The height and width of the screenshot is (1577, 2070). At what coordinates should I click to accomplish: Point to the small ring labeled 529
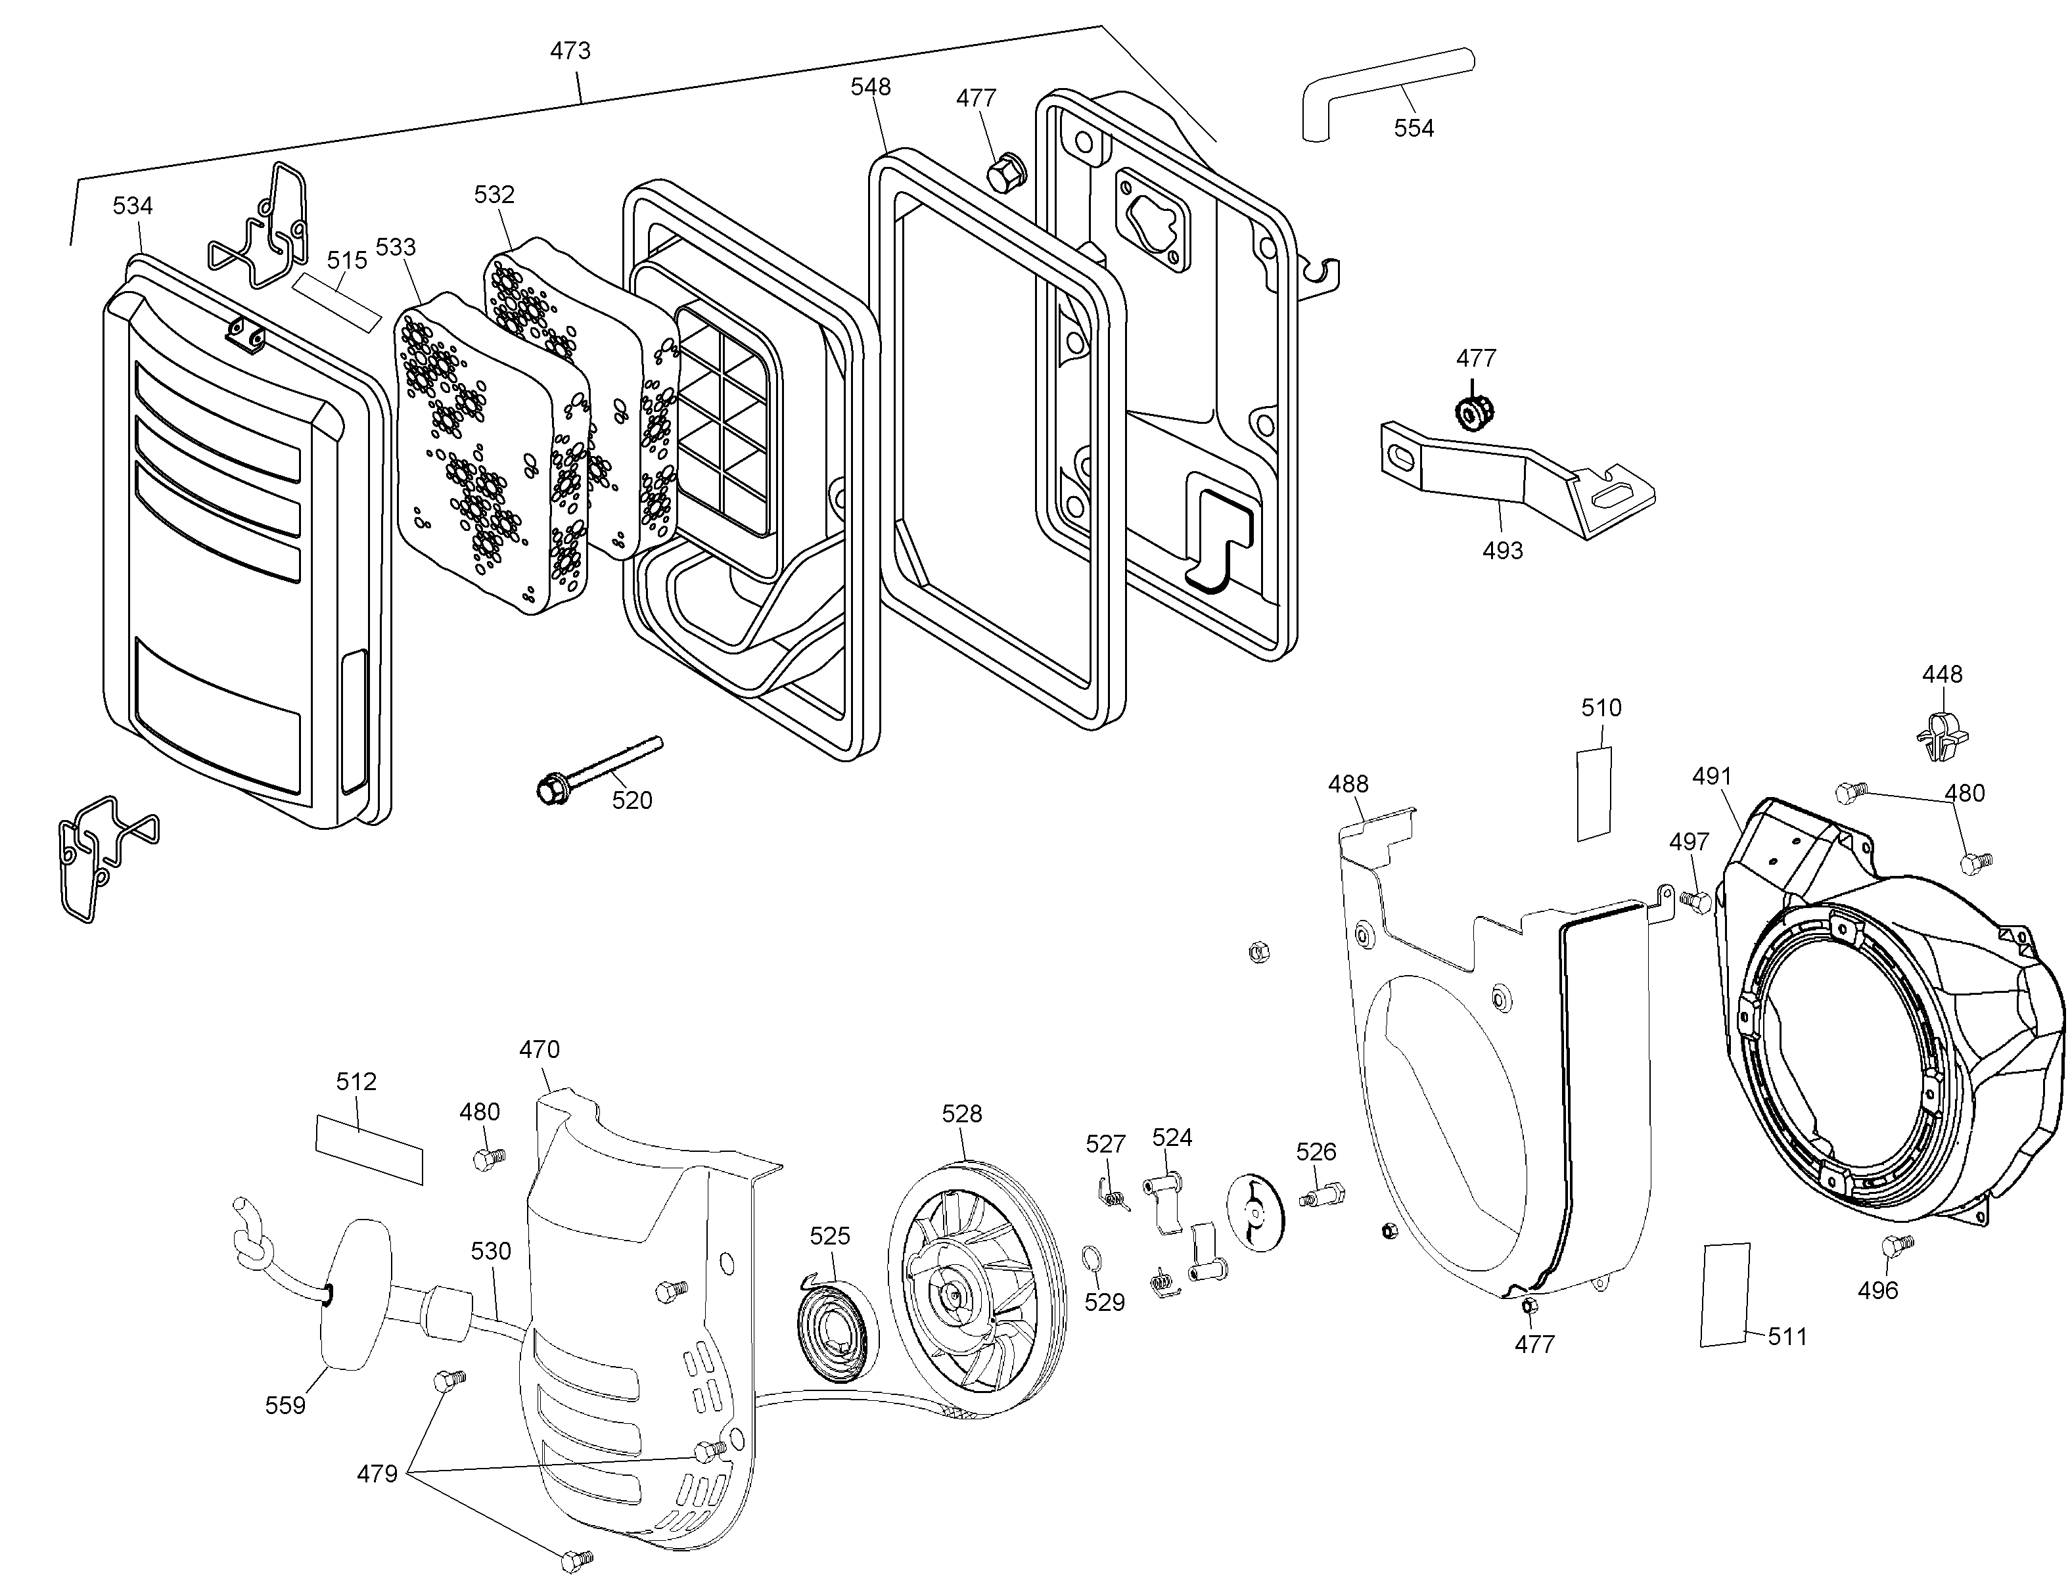point(1092,1257)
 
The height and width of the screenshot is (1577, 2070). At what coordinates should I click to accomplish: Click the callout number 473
point(570,50)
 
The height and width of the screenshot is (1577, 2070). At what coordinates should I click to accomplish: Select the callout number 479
point(377,1474)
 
